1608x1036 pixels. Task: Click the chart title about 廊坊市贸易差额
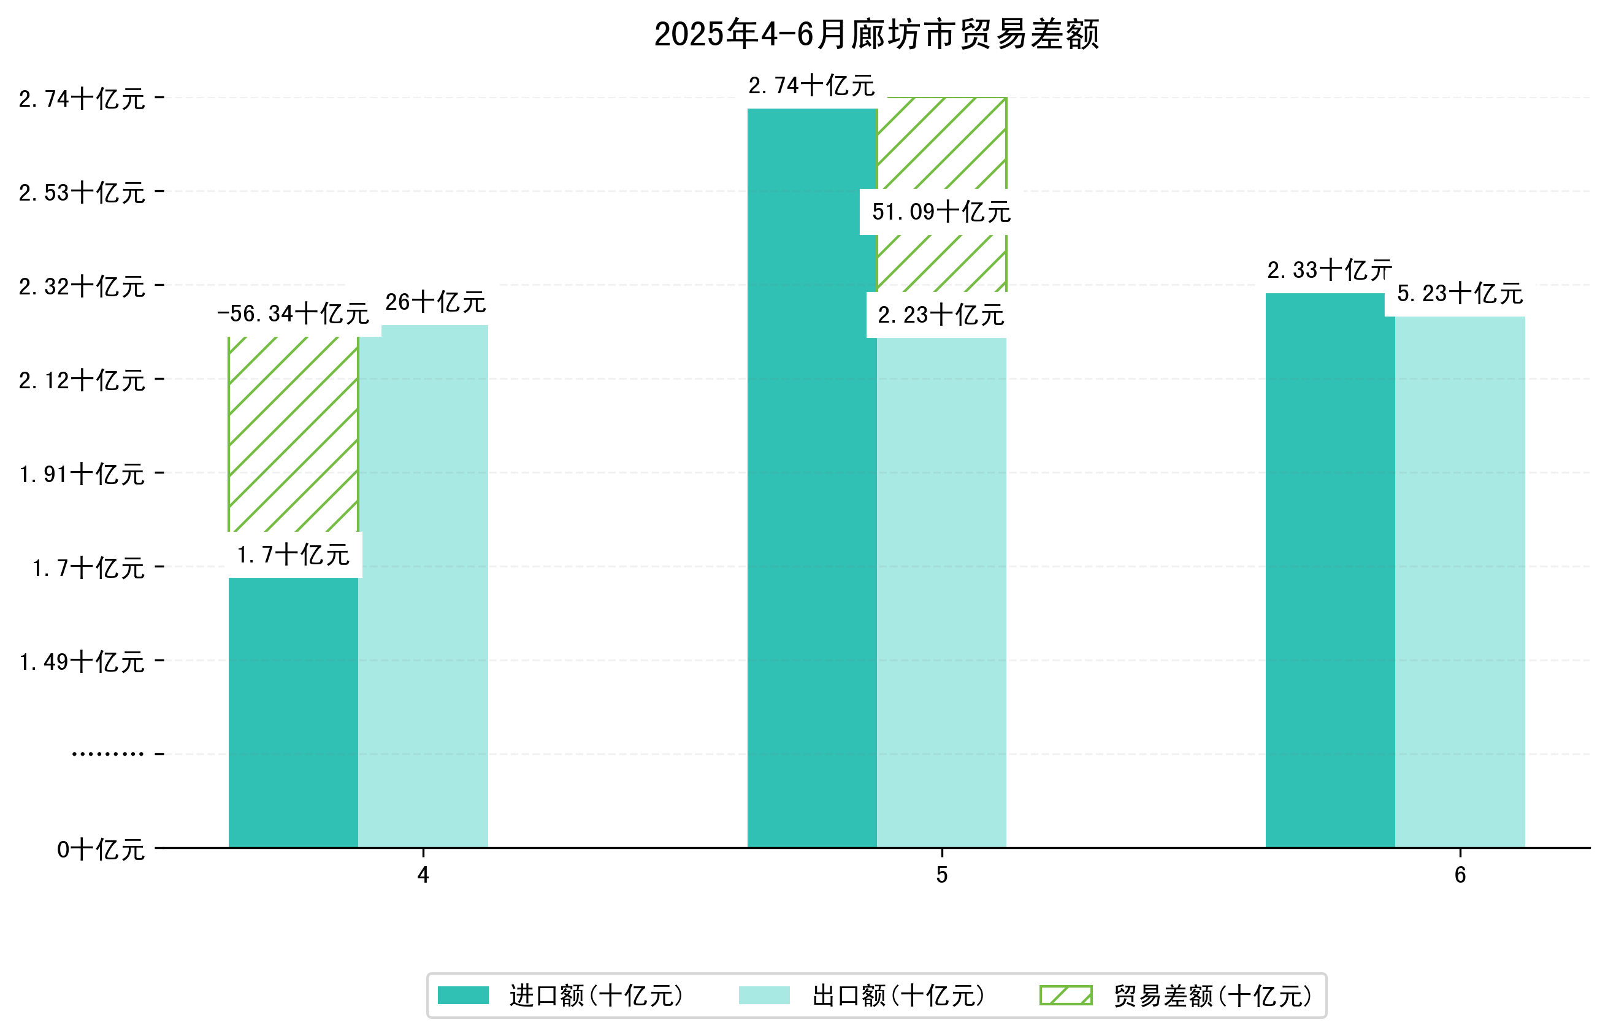coord(876,34)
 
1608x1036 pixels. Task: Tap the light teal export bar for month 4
coord(423,585)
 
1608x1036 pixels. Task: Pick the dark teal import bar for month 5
coord(812,478)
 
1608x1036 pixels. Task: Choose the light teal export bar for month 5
coord(941,592)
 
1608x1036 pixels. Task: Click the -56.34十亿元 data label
coord(293,313)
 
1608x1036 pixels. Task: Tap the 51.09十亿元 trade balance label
coord(941,212)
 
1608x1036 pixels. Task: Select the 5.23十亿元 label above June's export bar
coord(1460,293)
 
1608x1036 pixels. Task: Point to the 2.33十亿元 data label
coord(1329,271)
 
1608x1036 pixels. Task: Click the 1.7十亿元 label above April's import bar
coord(293,555)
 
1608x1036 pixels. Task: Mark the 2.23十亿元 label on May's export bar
coord(940,315)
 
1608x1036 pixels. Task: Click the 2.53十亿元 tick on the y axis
coord(82,193)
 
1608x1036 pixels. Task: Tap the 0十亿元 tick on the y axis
coord(101,850)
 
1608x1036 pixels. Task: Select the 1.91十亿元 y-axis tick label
coord(82,474)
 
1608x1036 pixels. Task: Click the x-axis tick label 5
coord(941,875)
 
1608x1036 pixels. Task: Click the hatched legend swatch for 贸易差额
coord(1065,996)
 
